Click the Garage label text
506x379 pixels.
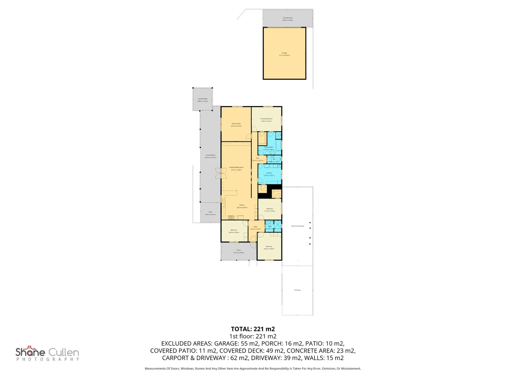pos(284,53)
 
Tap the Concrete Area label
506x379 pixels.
pos(287,18)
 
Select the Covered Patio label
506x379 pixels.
pos(202,99)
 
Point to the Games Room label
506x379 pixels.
pos(236,124)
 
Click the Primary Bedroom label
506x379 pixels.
pos(266,119)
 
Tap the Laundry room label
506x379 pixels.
pos(269,173)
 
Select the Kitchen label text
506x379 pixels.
pos(242,205)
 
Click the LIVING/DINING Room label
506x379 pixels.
pos(236,167)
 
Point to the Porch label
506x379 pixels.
pos(239,250)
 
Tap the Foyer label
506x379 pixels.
pos(255,227)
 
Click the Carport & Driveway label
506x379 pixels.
pos(297,226)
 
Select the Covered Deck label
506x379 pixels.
pos(210,155)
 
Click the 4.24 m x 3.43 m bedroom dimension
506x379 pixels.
pos(234,232)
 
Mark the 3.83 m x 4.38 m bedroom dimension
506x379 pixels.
pos(269,249)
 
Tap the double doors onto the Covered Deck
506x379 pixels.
pos(221,173)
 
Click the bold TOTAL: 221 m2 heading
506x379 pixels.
pos(253,329)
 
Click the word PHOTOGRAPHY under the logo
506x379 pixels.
pos(47,359)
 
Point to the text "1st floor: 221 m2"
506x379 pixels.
pos(253,336)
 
